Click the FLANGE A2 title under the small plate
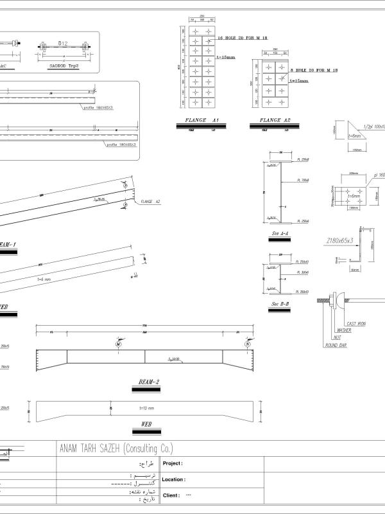click(x=275, y=120)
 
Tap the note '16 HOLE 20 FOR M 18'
click(x=241, y=39)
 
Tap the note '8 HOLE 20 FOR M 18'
click(x=314, y=69)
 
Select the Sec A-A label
click(x=280, y=233)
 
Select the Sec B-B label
click(x=280, y=303)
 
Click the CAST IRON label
click(x=356, y=323)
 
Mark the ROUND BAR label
click(x=335, y=345)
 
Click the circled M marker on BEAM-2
click(x=119, y=345)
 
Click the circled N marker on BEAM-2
click(x=248, y=345)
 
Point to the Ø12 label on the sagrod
click(x=63, y=43)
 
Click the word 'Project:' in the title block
click(x=173, y=463)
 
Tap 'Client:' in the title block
click(x=171, y=495)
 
